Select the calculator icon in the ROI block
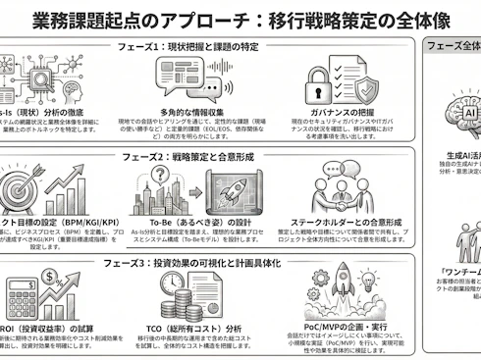(22, 298)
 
